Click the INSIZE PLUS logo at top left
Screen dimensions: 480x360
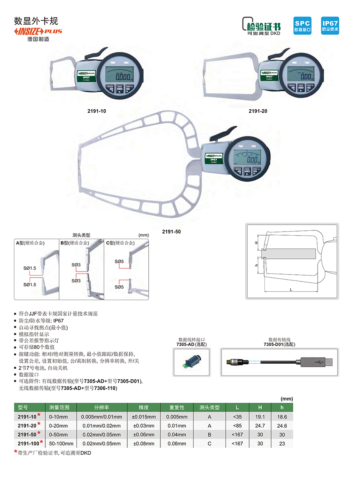click(38, 31)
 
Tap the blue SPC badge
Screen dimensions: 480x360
click(303, 25)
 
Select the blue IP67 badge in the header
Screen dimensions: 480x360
click(330, 25)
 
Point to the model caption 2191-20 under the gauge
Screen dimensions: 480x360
click(258, 111)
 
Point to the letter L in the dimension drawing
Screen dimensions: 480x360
click(291, 288)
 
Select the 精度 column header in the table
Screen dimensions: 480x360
click(144, 407)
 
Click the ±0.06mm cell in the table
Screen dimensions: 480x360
click(144, 434)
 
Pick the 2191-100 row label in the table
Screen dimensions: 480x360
click(29, 443)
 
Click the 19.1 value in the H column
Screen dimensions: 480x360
click(260, 416)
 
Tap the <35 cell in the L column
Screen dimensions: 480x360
click(238, 416)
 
